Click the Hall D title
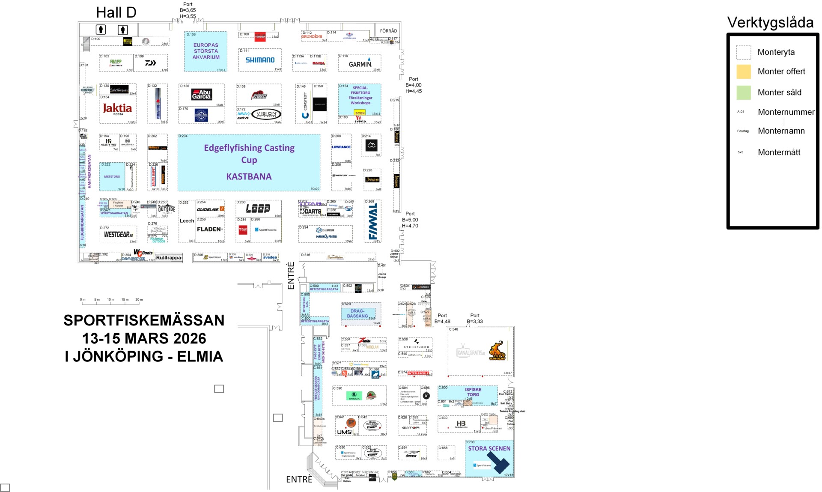click(116, 13)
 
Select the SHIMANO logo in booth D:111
click(260, 60)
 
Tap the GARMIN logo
click(360, 64)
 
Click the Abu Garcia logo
click(201, 94)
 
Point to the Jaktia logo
click(117, 108)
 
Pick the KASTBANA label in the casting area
click(249, 176)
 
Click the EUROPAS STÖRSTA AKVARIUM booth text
click(206, 51)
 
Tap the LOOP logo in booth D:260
click(258, 209)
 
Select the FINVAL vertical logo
click(373, 221)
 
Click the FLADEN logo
click(209, 230)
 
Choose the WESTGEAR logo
click(118, 235)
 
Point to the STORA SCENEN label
click(489, 448)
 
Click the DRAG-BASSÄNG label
click(357, 313)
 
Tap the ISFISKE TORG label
click(473, 392)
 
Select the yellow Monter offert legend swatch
click(744, 72)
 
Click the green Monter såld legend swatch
click(744, 92)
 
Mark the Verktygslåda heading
click(770, 22)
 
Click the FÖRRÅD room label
click(388, 31)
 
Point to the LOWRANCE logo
click(341, 147)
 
